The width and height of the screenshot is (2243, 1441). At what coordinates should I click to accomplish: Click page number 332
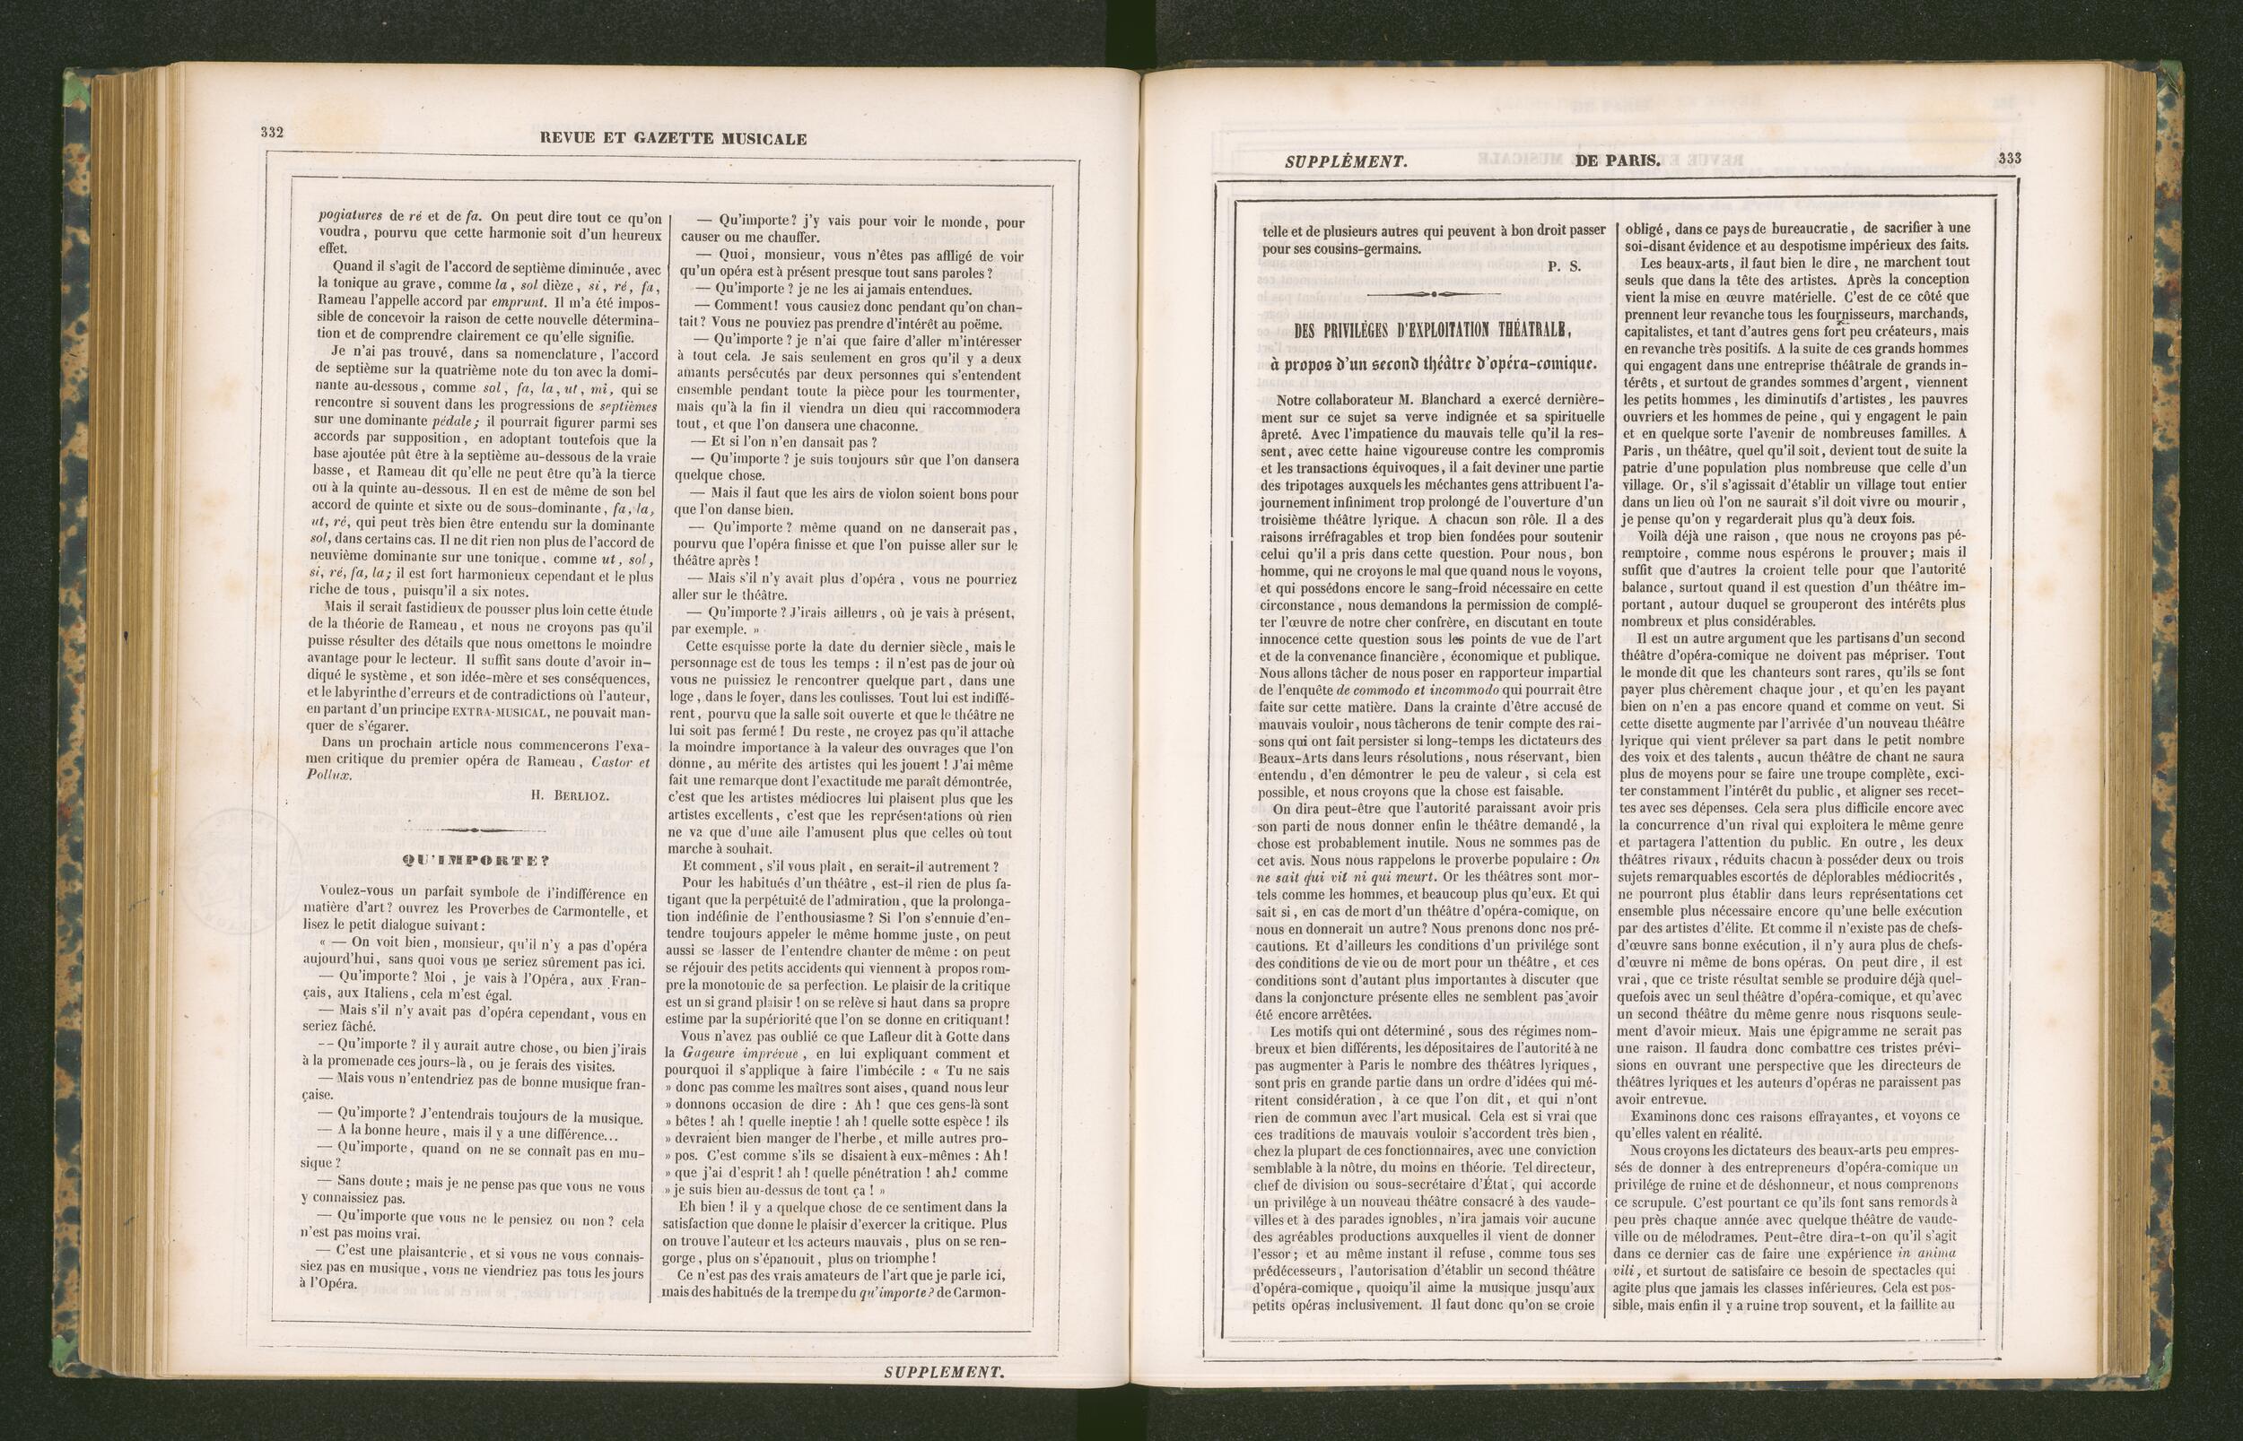272,133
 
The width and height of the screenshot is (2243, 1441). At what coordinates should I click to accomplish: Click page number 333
2009,158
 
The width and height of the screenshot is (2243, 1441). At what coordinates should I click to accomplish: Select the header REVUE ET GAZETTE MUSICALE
673,139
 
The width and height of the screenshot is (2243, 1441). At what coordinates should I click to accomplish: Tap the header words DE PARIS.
1617,160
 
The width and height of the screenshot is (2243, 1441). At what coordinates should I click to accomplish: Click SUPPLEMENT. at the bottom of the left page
943,1373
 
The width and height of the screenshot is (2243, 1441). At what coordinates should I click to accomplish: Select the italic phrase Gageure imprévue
735,1053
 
